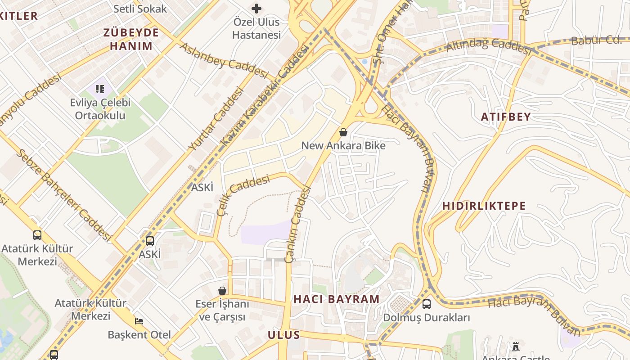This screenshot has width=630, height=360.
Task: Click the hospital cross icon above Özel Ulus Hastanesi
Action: (x=256, y=9)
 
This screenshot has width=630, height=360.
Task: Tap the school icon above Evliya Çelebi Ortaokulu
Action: (x=100, y=89)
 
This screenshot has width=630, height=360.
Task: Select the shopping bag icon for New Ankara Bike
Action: (x=343, y=132)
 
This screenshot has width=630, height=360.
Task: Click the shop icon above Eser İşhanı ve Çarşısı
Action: (x=222, y=290)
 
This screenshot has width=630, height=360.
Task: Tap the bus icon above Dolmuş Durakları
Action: (x=426, y=304)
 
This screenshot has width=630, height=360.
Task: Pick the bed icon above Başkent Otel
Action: (x=139, y=321)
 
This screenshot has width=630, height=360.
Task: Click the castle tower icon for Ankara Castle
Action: (x=516, y=346)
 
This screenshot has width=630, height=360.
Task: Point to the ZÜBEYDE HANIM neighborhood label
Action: (x=131, y=39)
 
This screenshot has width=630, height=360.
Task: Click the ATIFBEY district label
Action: (x=506, y=117)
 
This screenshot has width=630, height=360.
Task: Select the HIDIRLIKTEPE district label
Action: (x=484, y=206)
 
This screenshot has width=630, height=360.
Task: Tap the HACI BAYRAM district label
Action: (x=337, y=299)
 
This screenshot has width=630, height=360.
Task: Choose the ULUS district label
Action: (x=283, y=335)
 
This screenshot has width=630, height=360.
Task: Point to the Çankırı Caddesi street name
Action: (x=298, y=224)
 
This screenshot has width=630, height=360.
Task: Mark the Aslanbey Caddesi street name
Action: (x=224, y=60)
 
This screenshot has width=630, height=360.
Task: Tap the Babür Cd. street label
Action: (x=596, y=40)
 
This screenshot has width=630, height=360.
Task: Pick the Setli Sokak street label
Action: (x=140, y=9)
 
